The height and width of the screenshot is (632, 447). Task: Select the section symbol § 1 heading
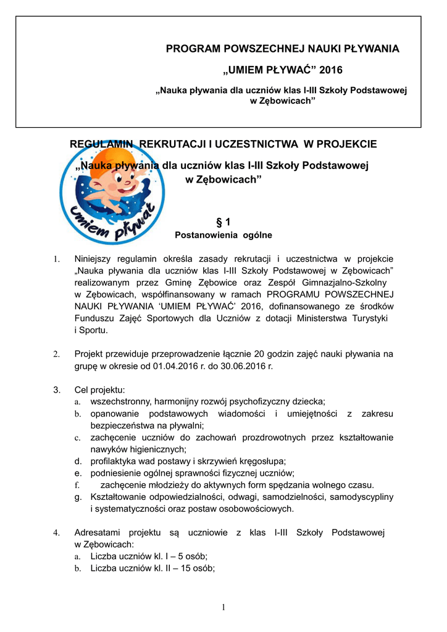click(x=223, y=222)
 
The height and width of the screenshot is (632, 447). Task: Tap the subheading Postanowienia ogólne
click(x=223, y=235)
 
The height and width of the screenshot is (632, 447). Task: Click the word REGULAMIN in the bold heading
click(x=102, y=144)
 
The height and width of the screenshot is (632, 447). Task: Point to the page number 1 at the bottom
click(x=223, y=608)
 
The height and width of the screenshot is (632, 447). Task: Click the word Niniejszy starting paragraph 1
click(x=98, y=259)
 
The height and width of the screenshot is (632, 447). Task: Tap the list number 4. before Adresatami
click(x=56, y=532)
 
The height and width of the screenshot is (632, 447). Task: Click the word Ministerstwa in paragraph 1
click(x=328, y=318)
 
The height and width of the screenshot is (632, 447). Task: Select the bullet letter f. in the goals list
click(x=78, y=485)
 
